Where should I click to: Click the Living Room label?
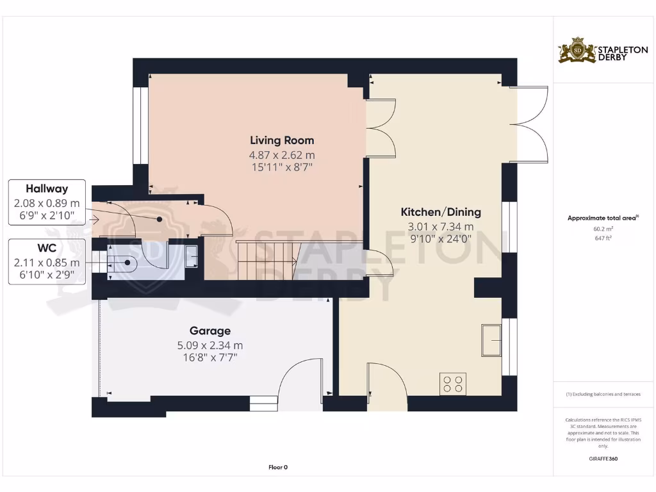pyautogui.click(x=282, y=140)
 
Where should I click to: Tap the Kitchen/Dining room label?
pyautogui.click(x=441, y=212)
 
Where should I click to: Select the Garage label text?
pyautogui.click(x=210, y=331)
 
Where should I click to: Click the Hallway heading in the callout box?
pyautogui.click(x=47, y=189)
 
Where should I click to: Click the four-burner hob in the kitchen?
pyautogui.click(x=453, y=384)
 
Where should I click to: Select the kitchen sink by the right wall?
pyautogui.click(x=492, y=340)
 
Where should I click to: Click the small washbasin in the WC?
pyautogui.click(x=192, y=256)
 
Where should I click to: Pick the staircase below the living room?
pyautogui.click(x=266, y=260)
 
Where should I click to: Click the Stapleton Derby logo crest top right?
pyautogui.click(x=577, y=51)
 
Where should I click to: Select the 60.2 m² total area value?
pyautogui.click(x=603, y=229)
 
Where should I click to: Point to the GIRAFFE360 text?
pyautogui.click(x=603, y=459)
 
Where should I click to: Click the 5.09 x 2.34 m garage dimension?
pyautogui.click(x=210, y=345)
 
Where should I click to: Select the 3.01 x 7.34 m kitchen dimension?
pyautogui.click(x=441, y=226)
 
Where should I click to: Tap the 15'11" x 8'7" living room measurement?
pyautogui.click(x=282, y=167)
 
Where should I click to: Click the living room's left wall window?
pyautogui.click(x=136, y=125)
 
